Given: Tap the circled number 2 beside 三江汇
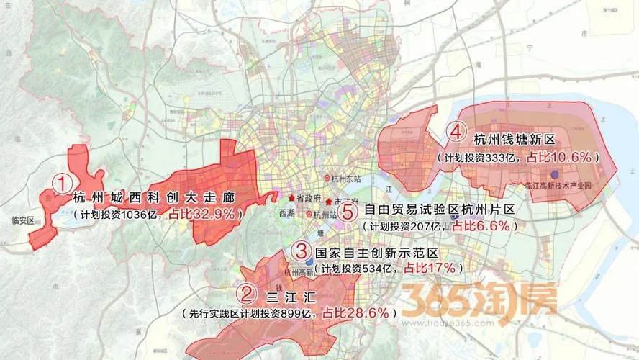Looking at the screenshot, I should click(247, 294).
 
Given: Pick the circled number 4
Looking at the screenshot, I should click(454, 132).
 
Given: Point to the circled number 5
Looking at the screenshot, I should click(348, 212).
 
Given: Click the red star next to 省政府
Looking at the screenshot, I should click(291, 198).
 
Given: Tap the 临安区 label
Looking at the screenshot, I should click(29, 221).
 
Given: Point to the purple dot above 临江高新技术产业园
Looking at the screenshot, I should click(554, 174).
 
